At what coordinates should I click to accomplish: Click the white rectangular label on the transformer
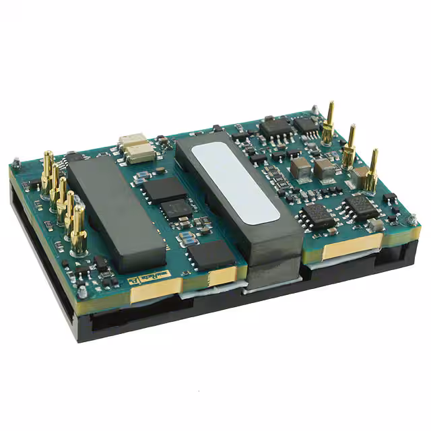pos(235,182)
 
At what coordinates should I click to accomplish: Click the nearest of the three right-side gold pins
pos(371,172)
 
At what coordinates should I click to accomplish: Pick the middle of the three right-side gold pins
pos(350,146)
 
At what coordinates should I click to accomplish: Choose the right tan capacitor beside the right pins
pos(325,169)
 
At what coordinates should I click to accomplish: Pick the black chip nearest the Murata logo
pos(211,255)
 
